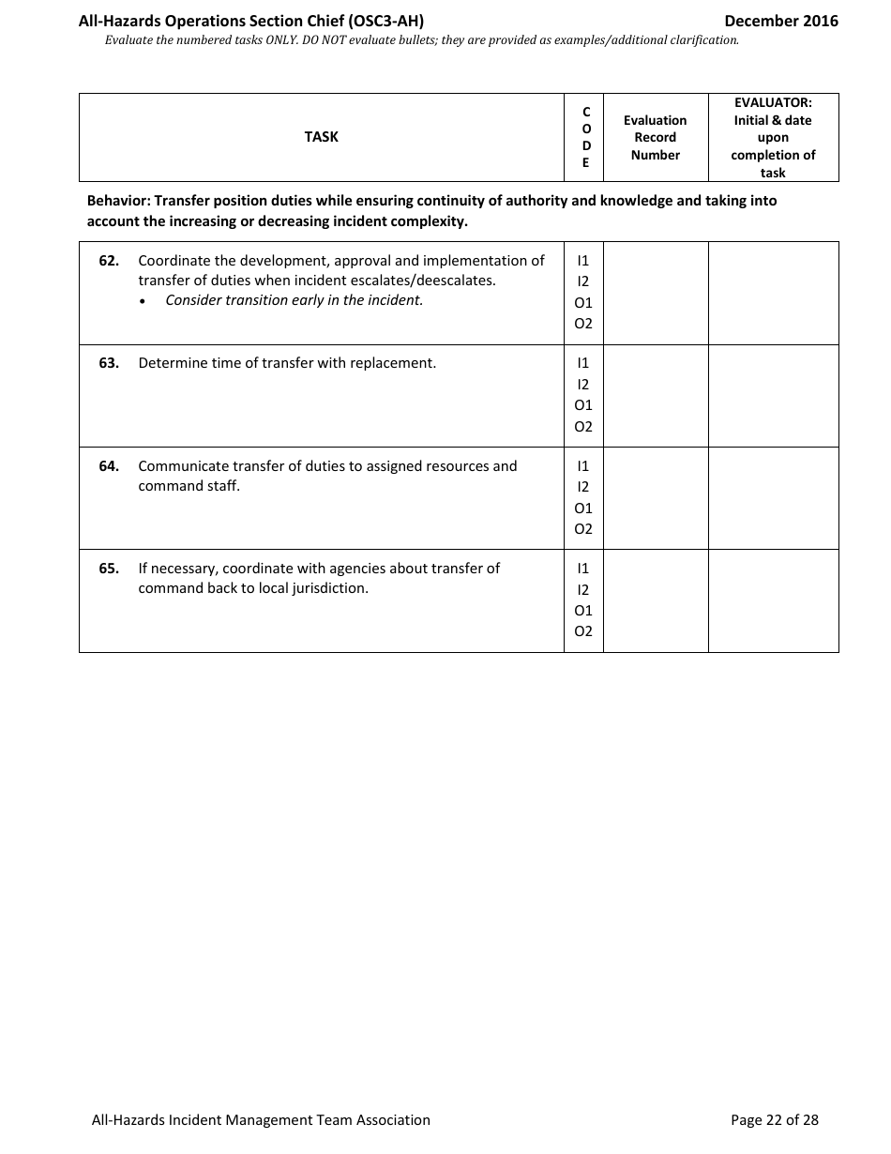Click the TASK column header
click(x=321, y=137)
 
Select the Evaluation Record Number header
click(x=655, y=137)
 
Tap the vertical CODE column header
click(x=586, y=137)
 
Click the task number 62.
click(x=109, y=261)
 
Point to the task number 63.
click(x=109, y=363)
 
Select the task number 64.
click(x=109, y=466)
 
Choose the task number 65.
click(x=109, y=569)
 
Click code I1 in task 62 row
click(x=583, y=261)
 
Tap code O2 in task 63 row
click(x=583, y=427)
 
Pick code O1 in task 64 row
click(x=583, y=509)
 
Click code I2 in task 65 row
click(x=583, y=590)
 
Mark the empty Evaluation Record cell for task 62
click(x=655, y=293)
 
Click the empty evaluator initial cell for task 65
click(x=773, y=600)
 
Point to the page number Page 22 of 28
click(x=774, y=1119)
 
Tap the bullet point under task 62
click(x=143, y=301)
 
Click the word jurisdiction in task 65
click(x=328, y=589)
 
